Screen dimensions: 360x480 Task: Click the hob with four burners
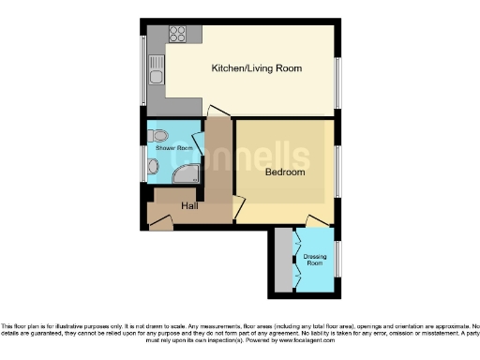(178, 34)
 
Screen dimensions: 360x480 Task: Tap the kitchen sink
(157, 69)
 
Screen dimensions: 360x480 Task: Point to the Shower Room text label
(174, 149)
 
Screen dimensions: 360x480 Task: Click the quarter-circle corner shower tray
(187, 172)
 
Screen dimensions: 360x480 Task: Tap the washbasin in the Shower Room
(154, 168)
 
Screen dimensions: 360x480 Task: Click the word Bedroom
(284, 172)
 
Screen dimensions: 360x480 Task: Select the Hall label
(188, 205)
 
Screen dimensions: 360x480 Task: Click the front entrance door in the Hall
(160, 224)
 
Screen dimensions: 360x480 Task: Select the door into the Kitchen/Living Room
(217, 112)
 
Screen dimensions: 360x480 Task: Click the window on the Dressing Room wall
(337, 258)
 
